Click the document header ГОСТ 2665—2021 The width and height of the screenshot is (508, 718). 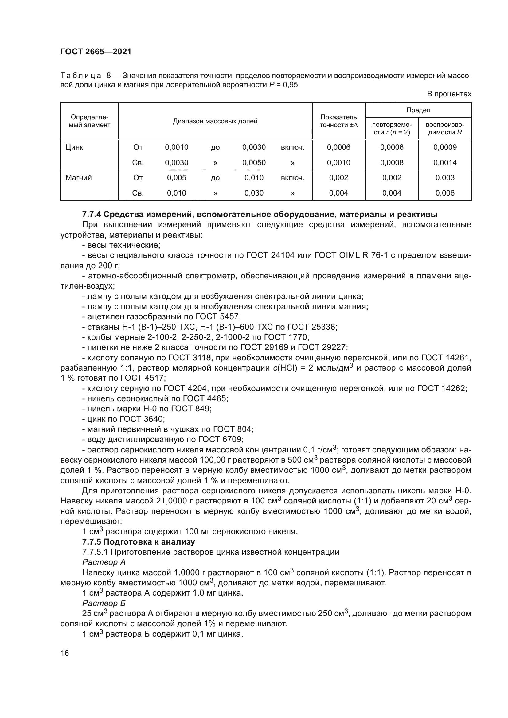tap(96, 52)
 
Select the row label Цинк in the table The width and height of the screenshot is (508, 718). tap(74, 147)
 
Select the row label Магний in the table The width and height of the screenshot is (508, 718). tap(79, 178)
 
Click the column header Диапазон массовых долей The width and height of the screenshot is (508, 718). tap(215, 121)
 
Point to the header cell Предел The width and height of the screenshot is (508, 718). tap(418, 110)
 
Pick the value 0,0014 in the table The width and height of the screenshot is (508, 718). tap(445, 163)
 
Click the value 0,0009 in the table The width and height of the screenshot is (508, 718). tap(445, 147)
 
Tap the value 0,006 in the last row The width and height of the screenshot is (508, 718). tap(445, 193)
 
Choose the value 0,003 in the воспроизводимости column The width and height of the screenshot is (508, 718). tap(445, 178)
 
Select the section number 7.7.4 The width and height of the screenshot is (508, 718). tap(91, 215)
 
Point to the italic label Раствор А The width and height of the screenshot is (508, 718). tap(104, 562)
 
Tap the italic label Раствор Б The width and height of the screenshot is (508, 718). tap(104, 603)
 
